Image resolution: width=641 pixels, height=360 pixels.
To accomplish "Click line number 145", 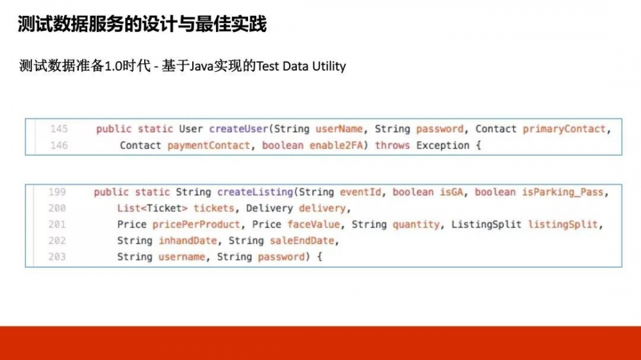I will pos(58,129).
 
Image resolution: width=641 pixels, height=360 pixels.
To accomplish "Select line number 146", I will pos(58,145).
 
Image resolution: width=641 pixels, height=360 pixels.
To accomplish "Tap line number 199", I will pos(57,192).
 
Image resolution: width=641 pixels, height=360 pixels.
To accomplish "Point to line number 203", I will pos(57,257).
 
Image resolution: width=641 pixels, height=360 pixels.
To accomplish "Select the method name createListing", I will pos(254,192).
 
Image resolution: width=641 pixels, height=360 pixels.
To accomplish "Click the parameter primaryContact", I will pos(563,129).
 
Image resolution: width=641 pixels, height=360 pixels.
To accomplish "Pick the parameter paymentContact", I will pos(208,145).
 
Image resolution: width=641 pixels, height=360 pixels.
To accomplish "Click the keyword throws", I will pos(392,145).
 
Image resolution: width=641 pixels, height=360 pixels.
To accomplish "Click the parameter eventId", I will pos(363,192).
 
